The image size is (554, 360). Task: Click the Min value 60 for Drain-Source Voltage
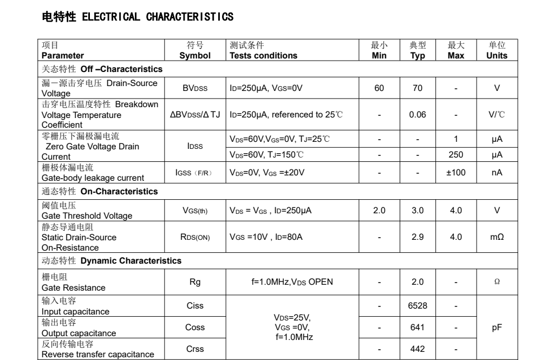[379, 88]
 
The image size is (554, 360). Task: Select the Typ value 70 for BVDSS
[418, 88]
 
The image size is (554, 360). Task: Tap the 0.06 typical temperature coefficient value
[418, 115]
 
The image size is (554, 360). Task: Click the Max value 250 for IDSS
[456, 155]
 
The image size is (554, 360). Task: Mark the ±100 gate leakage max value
[456, 173]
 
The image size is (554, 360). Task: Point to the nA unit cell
[497, 173]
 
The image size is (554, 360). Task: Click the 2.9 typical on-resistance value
[418, 237]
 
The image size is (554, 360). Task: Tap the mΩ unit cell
[497, 237]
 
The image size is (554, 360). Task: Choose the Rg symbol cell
[195, 282]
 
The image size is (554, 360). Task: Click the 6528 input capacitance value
[418, 306]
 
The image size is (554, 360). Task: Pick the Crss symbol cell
[195, 349]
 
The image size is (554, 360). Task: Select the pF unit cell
[497, 328]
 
